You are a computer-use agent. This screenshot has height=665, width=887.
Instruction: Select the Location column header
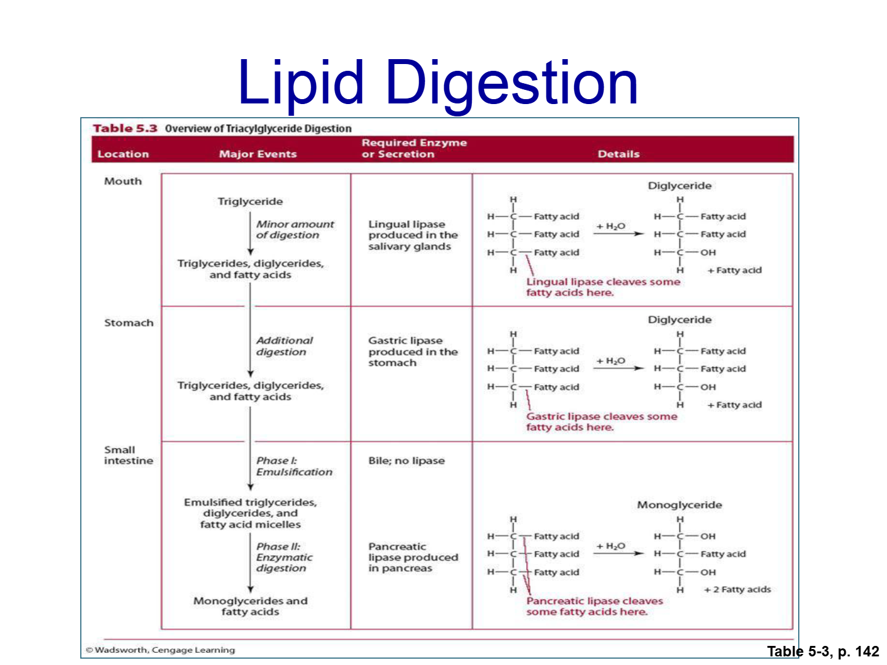click(123, 154)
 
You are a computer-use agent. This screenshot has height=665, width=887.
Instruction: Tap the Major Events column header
click(258, 154)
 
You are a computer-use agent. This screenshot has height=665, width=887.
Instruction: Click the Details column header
click(618, 154)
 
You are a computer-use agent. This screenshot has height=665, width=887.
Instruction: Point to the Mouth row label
click(123, 181)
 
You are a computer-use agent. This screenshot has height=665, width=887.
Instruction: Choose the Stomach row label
click(129, 323)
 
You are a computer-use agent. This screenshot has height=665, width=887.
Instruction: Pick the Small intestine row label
click(129, 455)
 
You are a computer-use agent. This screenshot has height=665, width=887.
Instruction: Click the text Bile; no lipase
click(407, 461)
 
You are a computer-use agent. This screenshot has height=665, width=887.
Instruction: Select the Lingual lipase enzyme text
click(413, 235)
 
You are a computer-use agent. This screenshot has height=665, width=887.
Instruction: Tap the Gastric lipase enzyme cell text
click(413, 351)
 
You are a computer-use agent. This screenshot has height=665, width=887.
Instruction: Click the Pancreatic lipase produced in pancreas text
click(413, 557)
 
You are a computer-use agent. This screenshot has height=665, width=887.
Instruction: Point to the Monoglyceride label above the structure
click(679, 505)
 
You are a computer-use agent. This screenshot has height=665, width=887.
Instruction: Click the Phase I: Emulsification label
click(294, 466)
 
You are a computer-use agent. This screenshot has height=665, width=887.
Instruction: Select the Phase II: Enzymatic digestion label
click(285, 557)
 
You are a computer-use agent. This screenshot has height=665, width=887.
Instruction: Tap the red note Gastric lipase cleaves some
click(601, 416)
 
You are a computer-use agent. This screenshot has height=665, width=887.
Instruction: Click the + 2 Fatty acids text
click(737, 589)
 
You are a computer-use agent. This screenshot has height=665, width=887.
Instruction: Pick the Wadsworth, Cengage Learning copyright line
click(160, 650)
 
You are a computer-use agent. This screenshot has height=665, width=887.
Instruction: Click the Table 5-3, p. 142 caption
click(823, 651)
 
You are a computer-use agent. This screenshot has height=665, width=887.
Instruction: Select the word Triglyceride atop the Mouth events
click(250, 201)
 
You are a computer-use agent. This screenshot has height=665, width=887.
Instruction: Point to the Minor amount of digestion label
click(295, 229)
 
